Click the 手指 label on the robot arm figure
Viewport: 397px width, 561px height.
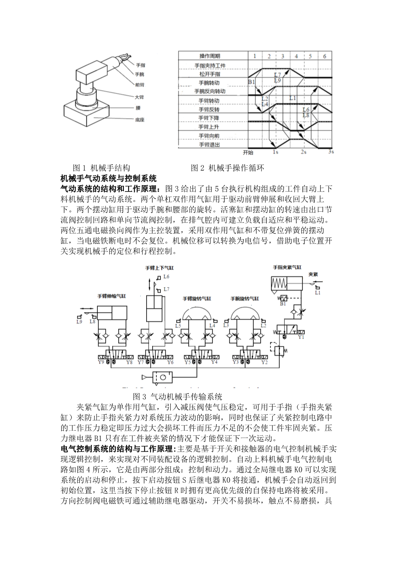(x=141, y=65)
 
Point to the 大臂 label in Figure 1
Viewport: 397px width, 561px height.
(x=140, y=97)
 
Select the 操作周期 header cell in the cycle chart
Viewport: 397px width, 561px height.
(x=210, y=57)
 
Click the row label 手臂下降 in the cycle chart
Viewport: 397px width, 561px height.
(x=209, y=118)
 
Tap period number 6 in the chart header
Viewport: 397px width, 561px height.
(x=325, y=57)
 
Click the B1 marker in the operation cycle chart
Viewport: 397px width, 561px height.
(x=252, y=82)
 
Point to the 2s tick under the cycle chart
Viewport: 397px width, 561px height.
(x=303, y=152)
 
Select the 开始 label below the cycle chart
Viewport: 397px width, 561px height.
(x=248, y=152)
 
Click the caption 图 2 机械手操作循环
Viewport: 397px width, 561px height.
(x=227, y=168)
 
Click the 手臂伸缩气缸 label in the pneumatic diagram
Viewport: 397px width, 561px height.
(x=111, y=296)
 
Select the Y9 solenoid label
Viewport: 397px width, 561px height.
(x=101, y=362)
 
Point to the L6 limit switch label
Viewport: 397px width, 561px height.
(x=166, y=277)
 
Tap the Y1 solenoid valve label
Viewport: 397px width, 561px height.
(x=301, y=337)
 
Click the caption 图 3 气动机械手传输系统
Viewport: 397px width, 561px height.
(x=177, y=396)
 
